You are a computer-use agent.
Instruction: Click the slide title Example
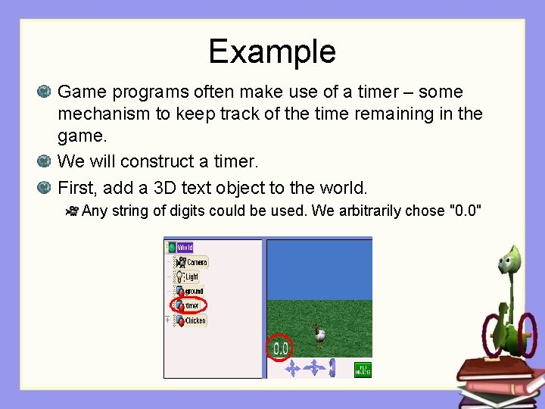click(x=272, y=52)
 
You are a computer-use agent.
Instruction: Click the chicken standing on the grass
click(x=319, y=335)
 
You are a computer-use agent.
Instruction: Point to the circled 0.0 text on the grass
click(x=280, y=348)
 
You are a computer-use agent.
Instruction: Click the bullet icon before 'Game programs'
click(x=45, y=92)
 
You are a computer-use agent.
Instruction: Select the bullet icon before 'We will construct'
click(x=45, y=162)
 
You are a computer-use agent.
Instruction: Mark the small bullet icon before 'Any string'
click(x=73, y=211)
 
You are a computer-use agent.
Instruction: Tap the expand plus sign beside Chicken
click(x=167, y=320)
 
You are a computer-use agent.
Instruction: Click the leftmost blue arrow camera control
click(x=292, y=368)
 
